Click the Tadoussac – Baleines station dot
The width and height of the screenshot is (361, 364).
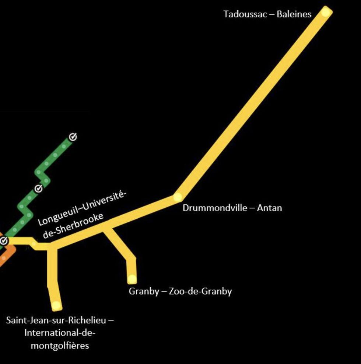325,12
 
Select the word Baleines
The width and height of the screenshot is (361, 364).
294,14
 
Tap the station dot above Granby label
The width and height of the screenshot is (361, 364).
132,278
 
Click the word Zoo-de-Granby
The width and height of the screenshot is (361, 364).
200,291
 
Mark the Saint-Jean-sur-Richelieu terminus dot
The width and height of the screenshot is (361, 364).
56,305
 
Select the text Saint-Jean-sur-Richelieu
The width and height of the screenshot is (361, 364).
56,320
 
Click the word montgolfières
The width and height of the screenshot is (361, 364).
60,346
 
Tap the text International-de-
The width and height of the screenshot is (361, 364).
60,333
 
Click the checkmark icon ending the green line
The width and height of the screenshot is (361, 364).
73,137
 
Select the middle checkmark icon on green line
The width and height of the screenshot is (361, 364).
38,188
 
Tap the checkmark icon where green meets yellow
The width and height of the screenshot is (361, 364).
4,241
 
